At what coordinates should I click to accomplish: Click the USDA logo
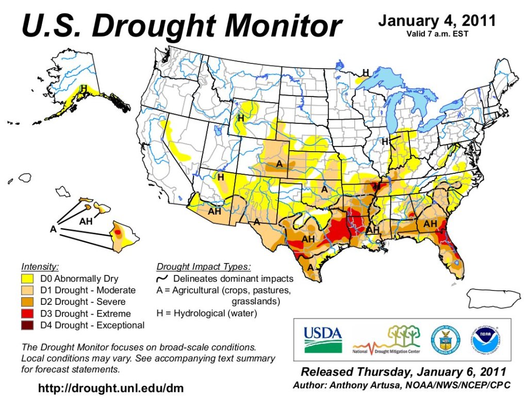click(x=323, y=339)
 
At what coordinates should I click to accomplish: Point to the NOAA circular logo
click(x=484, y=339)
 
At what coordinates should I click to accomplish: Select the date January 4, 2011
click(x=437, y=21)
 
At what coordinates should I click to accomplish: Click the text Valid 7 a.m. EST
click(x=437, y=34)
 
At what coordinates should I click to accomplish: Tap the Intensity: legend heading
click(x=40, y=267)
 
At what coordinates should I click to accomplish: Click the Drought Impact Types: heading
click(x=203, y=267)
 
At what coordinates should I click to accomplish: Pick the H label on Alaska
click(x=83, y=88)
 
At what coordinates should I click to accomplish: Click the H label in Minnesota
click(x=366, y=72)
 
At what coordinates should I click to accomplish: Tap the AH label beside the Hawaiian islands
click(x=86, y=221)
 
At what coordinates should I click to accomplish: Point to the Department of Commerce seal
click(x=444, y=339)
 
